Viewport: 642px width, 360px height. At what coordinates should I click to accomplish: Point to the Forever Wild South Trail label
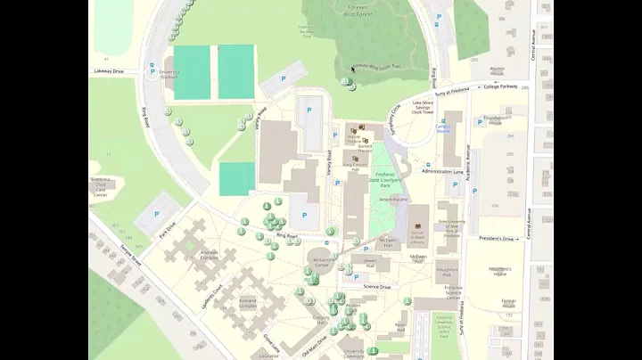pos(377,65)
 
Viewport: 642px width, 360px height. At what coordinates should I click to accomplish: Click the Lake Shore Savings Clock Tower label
pos(424,108)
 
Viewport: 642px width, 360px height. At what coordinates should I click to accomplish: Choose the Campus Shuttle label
pos(443,127)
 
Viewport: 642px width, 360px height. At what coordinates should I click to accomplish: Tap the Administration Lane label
pos(443,171)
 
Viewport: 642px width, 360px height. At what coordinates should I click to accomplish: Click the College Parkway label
pos(501,87)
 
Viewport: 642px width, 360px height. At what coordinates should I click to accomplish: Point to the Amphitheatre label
pos(393,200)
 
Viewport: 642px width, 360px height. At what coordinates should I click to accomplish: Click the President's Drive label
pos(498,239)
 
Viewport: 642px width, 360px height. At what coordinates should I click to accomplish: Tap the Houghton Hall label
pos(448,272)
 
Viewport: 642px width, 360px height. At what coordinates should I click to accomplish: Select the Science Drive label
pos(377,287)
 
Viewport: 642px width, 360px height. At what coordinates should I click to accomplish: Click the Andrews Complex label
pos(210,255)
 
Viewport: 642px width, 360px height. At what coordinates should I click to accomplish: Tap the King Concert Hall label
pos(356,167)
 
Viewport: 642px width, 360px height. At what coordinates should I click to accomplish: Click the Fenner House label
pos(509,303)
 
